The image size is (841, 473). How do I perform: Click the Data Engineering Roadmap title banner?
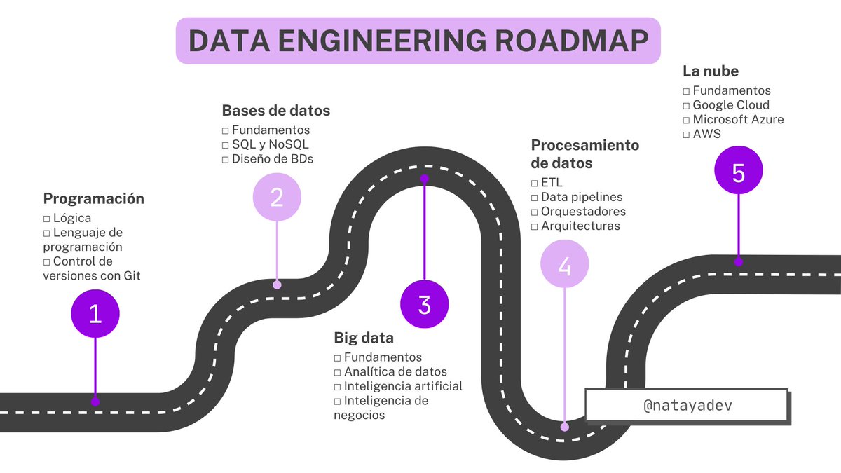pyautogui.click(x=418, y=41)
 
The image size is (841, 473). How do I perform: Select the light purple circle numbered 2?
pyautogui.click(x=277, y=198)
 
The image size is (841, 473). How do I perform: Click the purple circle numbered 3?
pyautogui.click(x=424, y=305)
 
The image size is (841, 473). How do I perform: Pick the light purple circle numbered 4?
pyautogui.click(x=565, y=265)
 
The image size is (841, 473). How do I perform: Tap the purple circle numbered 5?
pyautogui.click(x=738, y=172)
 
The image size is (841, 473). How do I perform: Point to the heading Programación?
pyautogui.click(x=94, y=198)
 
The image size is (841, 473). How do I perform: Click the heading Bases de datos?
pyautogui.click(x=275, y=111)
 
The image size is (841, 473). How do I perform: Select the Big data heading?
pyautogui.click(x=363, y=338)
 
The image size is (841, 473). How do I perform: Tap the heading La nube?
pyautogui.click(x=711, y=71)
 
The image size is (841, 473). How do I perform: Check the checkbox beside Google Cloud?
pyautogui.click(x=686, y=105)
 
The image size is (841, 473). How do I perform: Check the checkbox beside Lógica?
pyautogui.click(x=47, y=219)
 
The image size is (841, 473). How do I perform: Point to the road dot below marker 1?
pyautogui.click(x=95, y=402)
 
